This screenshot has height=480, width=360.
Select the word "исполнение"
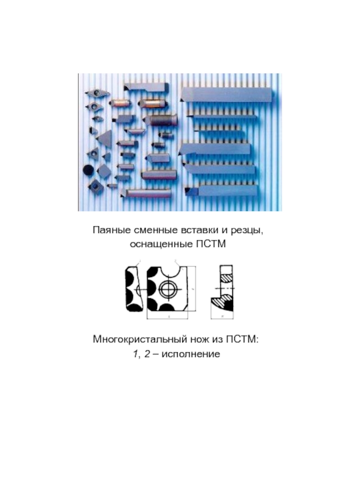(x=191, y=354)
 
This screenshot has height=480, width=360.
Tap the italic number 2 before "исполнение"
(x=147, y=354)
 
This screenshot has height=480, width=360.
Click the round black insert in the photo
(x=89, y=170)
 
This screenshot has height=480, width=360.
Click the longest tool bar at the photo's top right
(x=226, y=94)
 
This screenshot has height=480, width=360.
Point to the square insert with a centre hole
(x=95, y=186)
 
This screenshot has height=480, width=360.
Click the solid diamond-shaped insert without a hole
(x=103, y=171)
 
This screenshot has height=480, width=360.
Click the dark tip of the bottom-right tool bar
(x=191, y=192)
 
